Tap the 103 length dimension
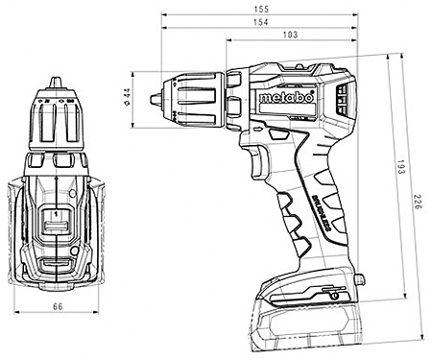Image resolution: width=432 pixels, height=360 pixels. tap(291, 35)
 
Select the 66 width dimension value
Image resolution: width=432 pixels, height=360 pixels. tap(57, 305)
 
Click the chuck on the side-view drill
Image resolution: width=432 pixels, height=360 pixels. tap(192, 97)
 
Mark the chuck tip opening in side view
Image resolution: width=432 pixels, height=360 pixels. tap(156, 97)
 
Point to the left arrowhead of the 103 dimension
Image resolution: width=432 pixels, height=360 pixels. tap(229, 41)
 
